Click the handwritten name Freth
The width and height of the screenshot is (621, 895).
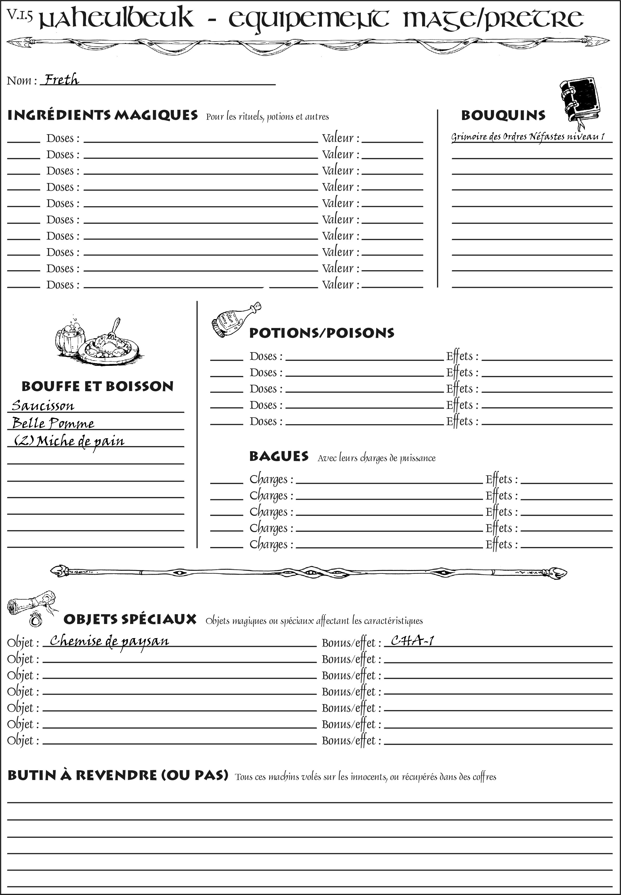[x=61, y=80]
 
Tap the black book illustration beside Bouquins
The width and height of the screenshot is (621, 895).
[x=580, y=101]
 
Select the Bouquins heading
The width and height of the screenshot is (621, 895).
[x=503, y=115]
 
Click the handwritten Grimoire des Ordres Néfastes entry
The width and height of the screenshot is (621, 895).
[x=528, y=137]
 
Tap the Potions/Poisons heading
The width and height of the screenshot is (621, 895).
[x=321, y=333]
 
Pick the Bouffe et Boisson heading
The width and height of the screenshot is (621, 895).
[x=97, y=386]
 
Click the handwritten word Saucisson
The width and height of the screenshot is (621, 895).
[x=43, y=406]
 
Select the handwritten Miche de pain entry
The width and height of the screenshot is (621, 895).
[x=69, y=441]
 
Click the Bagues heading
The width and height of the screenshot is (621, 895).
[x=279, y=456]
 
